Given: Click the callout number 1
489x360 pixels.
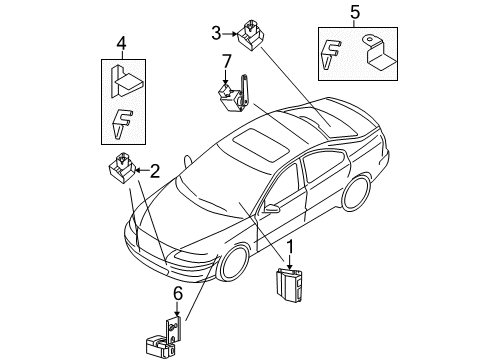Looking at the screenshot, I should tap(291, 247).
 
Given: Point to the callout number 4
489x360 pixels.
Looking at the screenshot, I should tap(120, 43).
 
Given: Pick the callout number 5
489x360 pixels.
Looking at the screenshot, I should tap(353, 13).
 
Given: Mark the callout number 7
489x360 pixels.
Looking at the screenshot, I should tap(227, 63).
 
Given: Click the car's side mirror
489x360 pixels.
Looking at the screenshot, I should tap(271, 209).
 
